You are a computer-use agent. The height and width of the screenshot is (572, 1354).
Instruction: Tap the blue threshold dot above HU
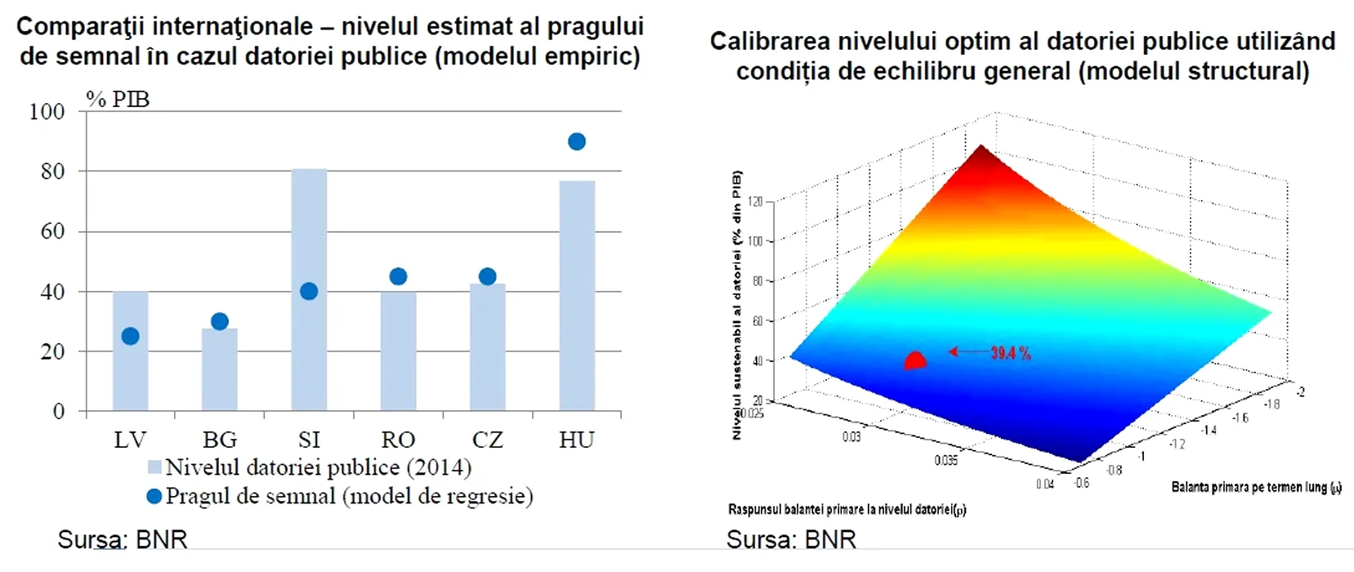pos(577,142)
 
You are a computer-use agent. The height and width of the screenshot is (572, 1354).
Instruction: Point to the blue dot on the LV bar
pos(130,337)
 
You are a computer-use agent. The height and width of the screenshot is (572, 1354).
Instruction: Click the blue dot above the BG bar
pos(220,322)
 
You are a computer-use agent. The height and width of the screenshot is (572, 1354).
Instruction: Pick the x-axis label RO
pos(398,440)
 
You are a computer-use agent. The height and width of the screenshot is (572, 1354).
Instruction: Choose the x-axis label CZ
pos(487,440)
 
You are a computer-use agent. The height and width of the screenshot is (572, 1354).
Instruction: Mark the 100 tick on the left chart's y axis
pos(47,112)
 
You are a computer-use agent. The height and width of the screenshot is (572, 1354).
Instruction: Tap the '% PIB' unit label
pos(118,100)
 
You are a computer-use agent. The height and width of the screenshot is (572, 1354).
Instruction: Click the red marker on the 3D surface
pos(915,361)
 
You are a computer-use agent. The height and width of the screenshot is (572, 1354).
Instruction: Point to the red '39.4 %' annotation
pos(1010,353)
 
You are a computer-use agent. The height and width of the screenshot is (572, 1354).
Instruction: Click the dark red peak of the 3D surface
pos(980,152)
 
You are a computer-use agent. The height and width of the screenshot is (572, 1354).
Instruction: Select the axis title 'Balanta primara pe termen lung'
pos(1255,488)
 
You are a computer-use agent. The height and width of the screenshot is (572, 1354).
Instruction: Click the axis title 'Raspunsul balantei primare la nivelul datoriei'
pos(847,510)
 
